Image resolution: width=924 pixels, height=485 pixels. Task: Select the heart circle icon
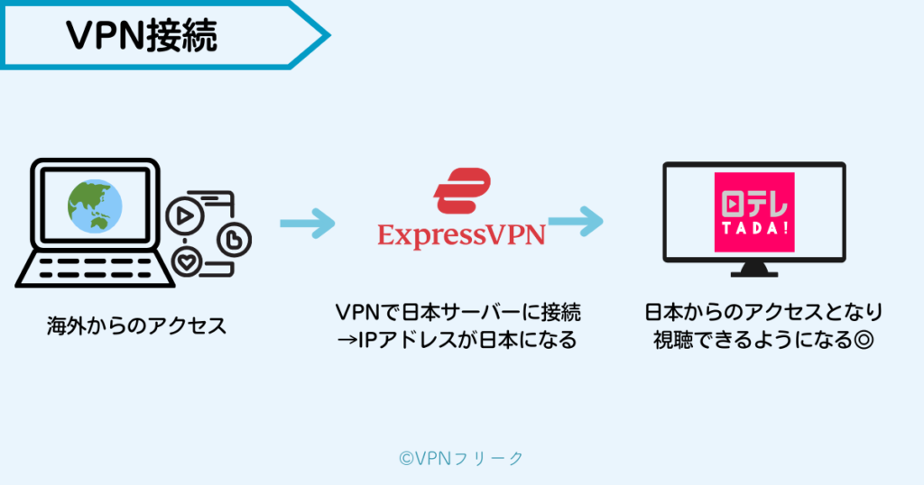point(187,263)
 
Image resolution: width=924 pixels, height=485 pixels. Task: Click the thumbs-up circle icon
point(234,240)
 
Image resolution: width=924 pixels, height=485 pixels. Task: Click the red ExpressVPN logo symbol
point(461,191)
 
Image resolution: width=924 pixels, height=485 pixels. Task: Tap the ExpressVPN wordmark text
point(461,235)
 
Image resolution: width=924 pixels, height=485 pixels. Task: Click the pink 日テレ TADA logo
point(753,212)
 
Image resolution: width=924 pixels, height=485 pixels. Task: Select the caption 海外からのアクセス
point(136,325)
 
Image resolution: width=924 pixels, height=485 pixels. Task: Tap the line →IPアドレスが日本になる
point(458,342)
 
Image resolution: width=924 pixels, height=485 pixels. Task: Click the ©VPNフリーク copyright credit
point(460,458)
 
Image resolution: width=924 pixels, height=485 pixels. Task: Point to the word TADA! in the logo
point(753,228)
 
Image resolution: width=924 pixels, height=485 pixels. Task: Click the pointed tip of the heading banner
point(327,35)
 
